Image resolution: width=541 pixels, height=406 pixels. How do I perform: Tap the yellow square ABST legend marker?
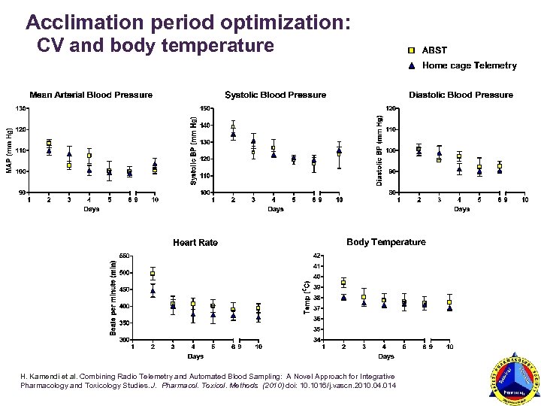point(411,50)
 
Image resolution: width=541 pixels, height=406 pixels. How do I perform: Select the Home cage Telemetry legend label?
point(470,65)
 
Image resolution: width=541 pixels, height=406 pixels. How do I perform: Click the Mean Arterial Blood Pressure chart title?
point(91,95)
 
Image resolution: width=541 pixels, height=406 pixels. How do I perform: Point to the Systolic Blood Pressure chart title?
point(276,95)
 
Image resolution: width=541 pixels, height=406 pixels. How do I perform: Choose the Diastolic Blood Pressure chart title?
point(461,95)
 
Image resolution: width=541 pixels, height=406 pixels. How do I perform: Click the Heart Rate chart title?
point(195,242)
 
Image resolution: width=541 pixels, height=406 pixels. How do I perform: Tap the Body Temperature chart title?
point(385,242)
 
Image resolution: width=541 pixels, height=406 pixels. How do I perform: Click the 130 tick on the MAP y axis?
point(20,108)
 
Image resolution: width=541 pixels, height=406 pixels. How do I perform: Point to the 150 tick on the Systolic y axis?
point(205,108)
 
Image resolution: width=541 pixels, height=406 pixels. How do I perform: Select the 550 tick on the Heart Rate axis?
point(124,255)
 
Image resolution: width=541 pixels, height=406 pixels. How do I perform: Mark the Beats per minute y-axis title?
point(113,298)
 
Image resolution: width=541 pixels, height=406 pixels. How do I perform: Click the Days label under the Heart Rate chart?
point(195,356)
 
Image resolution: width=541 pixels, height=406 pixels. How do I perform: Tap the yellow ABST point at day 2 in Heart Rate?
point(153,274)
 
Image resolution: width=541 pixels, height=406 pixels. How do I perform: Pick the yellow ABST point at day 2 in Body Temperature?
point(343,283)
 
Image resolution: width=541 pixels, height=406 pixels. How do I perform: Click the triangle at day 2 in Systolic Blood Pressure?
point(233,135)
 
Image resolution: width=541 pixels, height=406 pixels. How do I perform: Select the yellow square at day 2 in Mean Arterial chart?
point(49,142)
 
